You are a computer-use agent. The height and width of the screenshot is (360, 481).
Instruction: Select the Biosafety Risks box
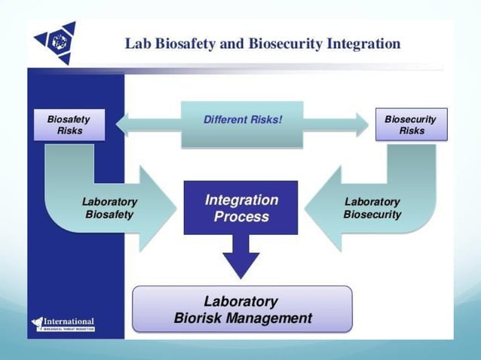(x=69, y=124)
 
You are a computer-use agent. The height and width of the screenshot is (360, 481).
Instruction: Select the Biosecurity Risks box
(x=412, y=124)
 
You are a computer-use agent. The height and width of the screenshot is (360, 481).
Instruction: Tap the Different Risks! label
(x=242, y=119)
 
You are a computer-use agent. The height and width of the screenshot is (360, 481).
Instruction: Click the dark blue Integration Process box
(x=241, y=208)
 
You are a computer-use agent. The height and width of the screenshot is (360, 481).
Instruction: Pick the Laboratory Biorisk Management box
(x=242, y=309)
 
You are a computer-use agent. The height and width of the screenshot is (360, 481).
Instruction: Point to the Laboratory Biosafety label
(x=109, y=208)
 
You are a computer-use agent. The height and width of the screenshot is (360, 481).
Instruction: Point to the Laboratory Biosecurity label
(x=372, y=208)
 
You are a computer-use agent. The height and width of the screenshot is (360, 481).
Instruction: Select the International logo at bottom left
(x=63, y=323)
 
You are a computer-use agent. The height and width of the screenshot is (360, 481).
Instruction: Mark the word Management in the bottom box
(x=272, y=318)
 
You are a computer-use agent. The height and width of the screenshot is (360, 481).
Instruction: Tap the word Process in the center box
(x=241, y=217)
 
